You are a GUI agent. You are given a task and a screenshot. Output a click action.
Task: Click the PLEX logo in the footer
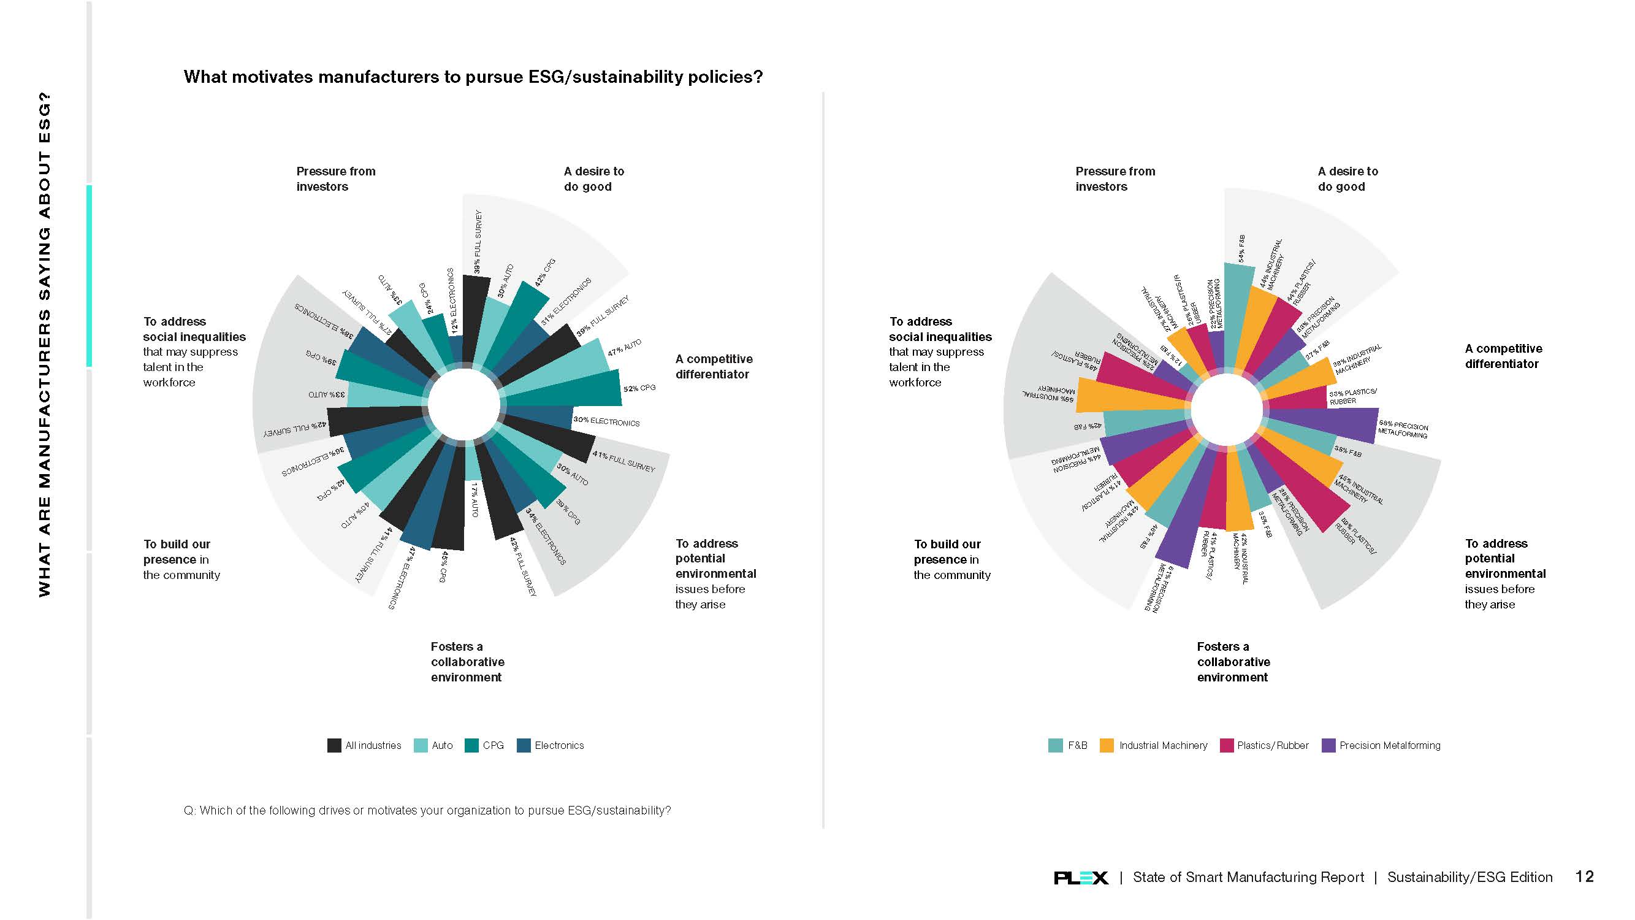tap(1080, 878)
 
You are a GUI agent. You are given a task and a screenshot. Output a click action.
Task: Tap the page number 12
tap(1584, 876)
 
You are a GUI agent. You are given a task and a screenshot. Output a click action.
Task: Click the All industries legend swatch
tap(334, 745)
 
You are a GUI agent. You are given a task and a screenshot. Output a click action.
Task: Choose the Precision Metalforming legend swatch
tap(1328, 745)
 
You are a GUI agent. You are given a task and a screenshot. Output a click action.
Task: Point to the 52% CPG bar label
tap(639, 388)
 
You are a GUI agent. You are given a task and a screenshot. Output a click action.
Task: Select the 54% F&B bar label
tap(1241, 248)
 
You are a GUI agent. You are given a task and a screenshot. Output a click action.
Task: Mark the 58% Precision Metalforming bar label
tap(1403, 430)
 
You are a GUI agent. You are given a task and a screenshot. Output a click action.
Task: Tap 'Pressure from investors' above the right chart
tap(1115, 179)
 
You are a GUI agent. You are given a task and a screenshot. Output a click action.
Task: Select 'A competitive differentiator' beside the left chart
tap(714, 366)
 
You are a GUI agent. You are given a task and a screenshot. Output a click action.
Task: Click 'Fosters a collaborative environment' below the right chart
tap(1233, 662)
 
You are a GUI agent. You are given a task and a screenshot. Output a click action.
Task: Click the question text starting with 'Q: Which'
tap(427, 810)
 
